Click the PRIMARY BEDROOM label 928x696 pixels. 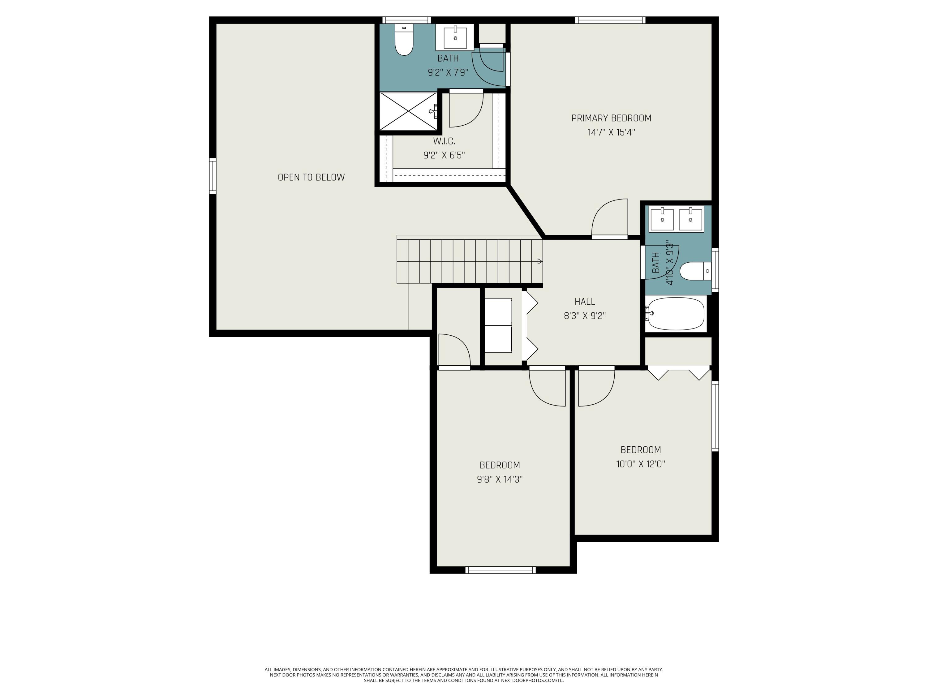coord(611,118)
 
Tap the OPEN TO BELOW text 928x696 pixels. coord(311,178)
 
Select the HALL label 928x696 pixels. coord(585,302)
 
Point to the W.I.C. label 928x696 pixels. coord(444,141)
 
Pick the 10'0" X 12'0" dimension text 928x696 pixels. coord(641,464)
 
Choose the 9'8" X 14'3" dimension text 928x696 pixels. coord(500,479)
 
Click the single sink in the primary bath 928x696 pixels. coord(455,37)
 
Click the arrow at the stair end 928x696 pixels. coord(540,261)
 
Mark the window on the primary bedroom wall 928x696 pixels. coord(610,20)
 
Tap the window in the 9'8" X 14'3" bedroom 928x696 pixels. coord(501,570)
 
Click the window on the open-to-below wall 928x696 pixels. coord(213,176)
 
